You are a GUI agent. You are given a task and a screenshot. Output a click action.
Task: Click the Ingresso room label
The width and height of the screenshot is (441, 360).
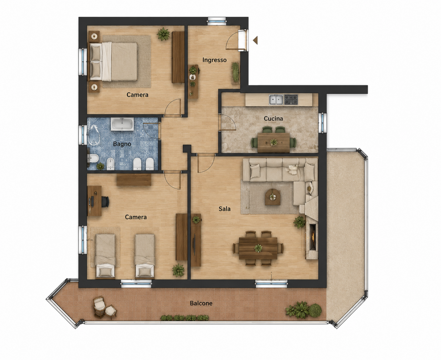pyautogui.click(x=214, y=60)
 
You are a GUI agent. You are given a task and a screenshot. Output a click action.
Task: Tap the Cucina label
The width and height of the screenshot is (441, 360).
pyautogui.click(x=273, y=119)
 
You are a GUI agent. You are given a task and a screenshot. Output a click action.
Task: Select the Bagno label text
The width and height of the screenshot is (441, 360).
pyautogui.click(x=122, y=144)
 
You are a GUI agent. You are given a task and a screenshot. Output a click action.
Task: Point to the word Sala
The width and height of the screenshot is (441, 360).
pyautogui.click(x=225, y=209)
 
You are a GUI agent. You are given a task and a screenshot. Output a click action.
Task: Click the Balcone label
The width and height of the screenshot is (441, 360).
pyautogui.click(x=201, y=303)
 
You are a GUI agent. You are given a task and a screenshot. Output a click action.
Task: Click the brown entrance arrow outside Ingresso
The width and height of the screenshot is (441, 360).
pyautogui.click(x=255, y=40)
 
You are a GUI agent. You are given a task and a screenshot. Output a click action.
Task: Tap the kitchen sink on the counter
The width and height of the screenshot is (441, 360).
pyautogui.click(x=276, y=99)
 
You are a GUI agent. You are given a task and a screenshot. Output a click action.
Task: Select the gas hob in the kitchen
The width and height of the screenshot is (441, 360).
pyautogui.click(x=291, y=99)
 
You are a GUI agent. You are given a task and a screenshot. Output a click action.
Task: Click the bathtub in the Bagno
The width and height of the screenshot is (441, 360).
pyautogui.click(x=122, y=124)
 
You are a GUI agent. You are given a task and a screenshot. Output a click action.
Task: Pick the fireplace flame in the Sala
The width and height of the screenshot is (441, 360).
pyautogui.click(x=313, y=237)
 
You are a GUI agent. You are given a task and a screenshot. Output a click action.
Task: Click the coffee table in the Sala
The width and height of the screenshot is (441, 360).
pyautogui.click(x=273, y=197)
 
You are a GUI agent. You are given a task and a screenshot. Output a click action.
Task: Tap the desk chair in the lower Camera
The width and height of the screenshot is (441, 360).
pyautogui.click(x=105, y=202)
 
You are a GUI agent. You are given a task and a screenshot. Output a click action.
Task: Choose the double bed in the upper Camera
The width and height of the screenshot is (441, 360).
pyautogui.click(x=113, y=61)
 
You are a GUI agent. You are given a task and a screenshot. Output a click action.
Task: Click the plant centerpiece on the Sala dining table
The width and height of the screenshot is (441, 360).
pyautogui.click(x=258, y=248)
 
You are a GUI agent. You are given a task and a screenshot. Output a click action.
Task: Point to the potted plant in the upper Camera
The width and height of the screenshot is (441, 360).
pyautogui.click(x=163, y=34)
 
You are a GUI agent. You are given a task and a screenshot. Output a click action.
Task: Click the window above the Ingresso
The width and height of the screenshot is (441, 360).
pyautogui.click(x=217, y=21)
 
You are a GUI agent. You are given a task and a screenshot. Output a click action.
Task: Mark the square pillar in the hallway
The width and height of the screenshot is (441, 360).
pyautogui.click(x=187, y=149)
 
